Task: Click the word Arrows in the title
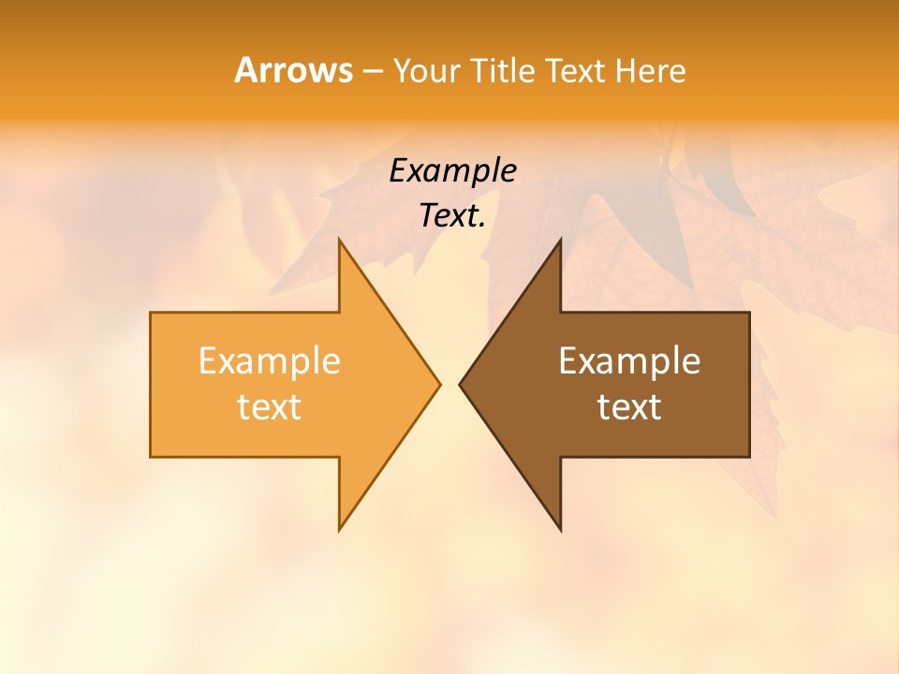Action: (x=292, y=70)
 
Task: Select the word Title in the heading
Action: (x=507, y=70)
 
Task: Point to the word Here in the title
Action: (x=652, y=70)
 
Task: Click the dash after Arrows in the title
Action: (x=372, y=71)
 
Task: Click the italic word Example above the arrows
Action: (x=452, y=170)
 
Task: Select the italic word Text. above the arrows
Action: (x=452, y=215)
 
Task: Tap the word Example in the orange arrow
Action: (x=270, y=360)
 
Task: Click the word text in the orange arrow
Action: (x=270, y=406)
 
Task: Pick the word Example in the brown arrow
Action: (x=629, y=360)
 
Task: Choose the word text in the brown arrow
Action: (x=629, y=406)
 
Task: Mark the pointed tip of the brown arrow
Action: (x=461, y=384)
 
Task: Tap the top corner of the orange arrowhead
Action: (x=340, y=241)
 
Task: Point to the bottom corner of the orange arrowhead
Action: (x=340, y=529)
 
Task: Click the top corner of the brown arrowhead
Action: (x=560, y=241)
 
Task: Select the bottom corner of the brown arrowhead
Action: (x=560, y=529)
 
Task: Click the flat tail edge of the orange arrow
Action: (x=151, y=384)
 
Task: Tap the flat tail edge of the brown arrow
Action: (x=749, y=384)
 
